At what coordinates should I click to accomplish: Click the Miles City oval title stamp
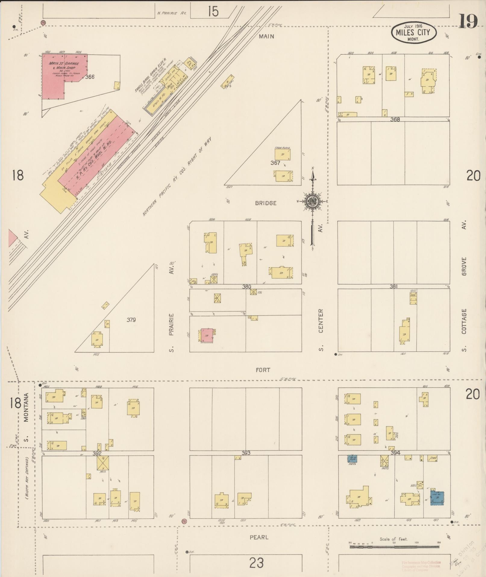pyautogui.click(x=414, y=32)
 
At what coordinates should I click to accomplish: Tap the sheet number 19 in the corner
pyautogui.click(x=468, y=21)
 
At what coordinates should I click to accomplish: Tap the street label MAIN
pyautogui.click(x=267, y=36)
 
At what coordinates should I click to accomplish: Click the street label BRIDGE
pyautogui.click(x=265, y=203)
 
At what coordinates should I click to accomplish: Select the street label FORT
pyautogui.click(x=263, y=370)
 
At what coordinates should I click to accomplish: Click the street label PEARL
pyautogui.click(x=259, y=537)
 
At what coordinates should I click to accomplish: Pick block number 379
pyautogui.click(x=131, y=320)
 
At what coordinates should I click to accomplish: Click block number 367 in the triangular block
pyautogui.click(x=275, y=163)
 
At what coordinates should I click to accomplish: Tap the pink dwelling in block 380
pyautogui.click(x=207, y=335)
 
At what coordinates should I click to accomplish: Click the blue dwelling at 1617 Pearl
pyautogui.click(x=437, y=497)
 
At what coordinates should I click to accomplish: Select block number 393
pyautogui.click(x=246, y=453)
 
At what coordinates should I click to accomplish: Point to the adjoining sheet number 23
pyautogui.click(x=256, y=563)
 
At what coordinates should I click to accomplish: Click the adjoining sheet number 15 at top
pyautogui.click(x=213, y=11)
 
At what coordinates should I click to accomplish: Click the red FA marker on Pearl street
pyautogui.click(x=184, y=521)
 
